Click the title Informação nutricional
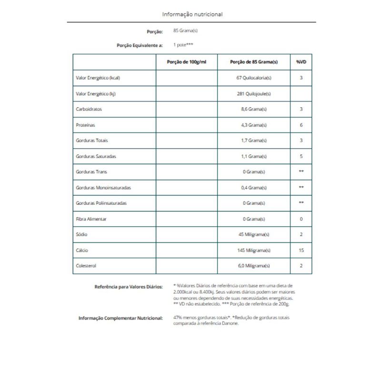point(192,14)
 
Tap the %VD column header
point(301,62)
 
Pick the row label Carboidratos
point(89,109)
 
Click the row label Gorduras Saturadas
point(96,156)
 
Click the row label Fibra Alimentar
point(91,219)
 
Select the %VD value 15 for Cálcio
point(301,250)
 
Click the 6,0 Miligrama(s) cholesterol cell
point(255,265)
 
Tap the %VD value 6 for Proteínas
point(301,125)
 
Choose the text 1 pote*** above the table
point(184,45)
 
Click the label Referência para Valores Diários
point(129,287)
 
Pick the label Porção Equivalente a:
point(140,45)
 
